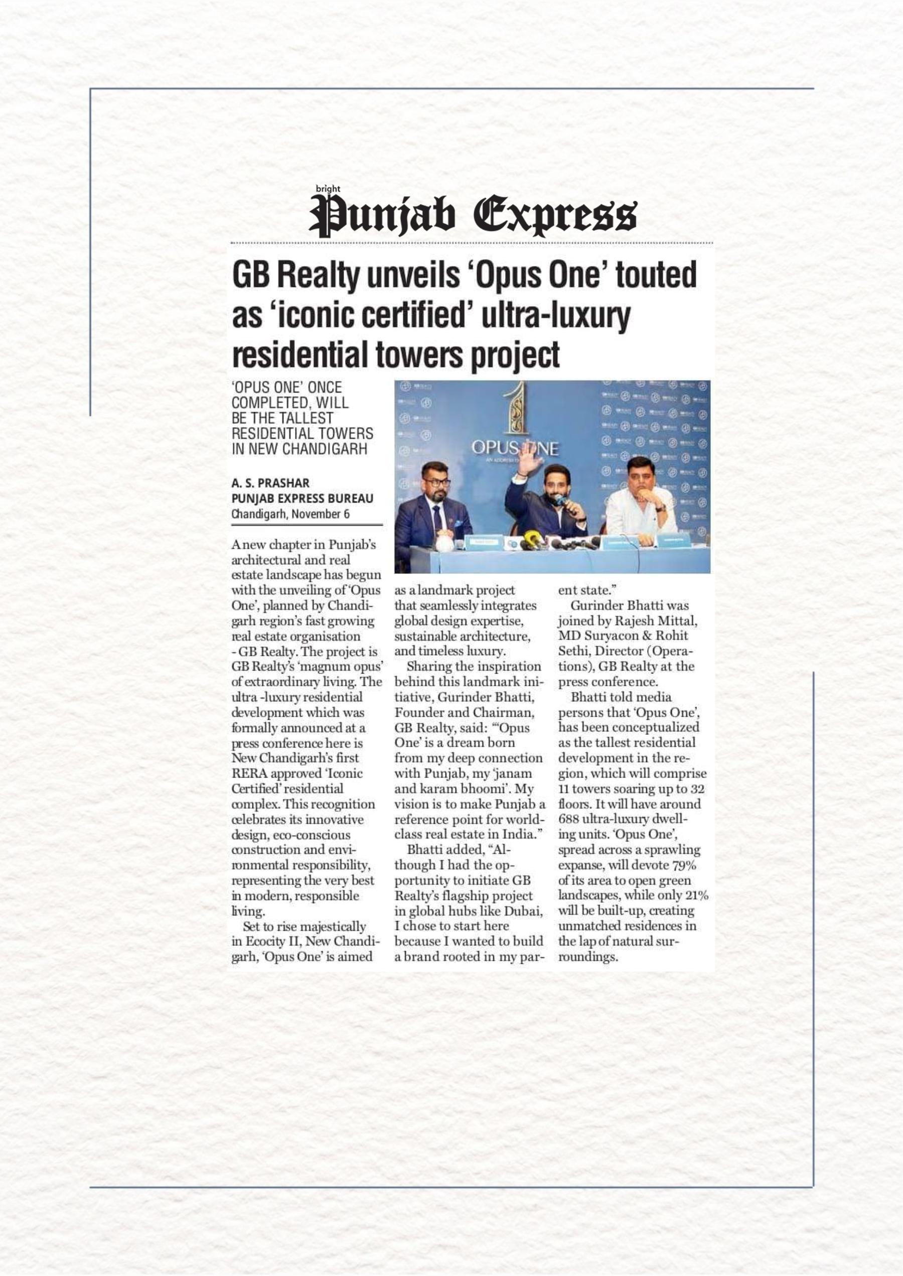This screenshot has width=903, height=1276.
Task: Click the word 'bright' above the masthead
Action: [328, 189]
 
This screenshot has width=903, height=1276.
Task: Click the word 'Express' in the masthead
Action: [555, 216]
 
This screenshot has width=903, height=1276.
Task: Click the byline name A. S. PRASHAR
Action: [270, 483]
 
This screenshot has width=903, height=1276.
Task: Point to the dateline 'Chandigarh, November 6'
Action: [290, 514]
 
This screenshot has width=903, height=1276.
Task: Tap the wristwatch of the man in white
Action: [660, 507]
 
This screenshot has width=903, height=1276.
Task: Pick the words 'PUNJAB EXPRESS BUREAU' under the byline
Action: [302, 498]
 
